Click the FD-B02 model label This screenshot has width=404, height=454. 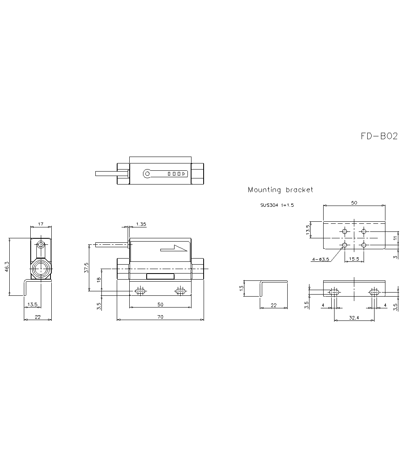[x=379, y=136]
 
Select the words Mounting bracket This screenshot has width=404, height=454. [x=280, y=190]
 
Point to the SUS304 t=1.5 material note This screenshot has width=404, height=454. [x=277, y=205]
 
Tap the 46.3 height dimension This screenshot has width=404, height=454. [x=7, y=267]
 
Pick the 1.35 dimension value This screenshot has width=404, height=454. [x=141, y=224]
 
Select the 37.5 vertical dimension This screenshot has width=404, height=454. [x=86, y=267]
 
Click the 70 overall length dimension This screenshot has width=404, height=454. [x=160, y=317]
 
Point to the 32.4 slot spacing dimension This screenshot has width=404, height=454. [x=354, y=318]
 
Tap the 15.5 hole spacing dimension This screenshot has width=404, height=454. [x=354, y=259]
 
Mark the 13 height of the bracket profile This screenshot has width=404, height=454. [x=242, y=288]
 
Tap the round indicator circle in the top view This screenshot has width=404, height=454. [x=147, y=174]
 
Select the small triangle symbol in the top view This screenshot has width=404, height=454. [x=184, y=174]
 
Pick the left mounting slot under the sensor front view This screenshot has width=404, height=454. [x=140, y=291]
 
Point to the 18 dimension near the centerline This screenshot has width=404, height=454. [x=99, y=280]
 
